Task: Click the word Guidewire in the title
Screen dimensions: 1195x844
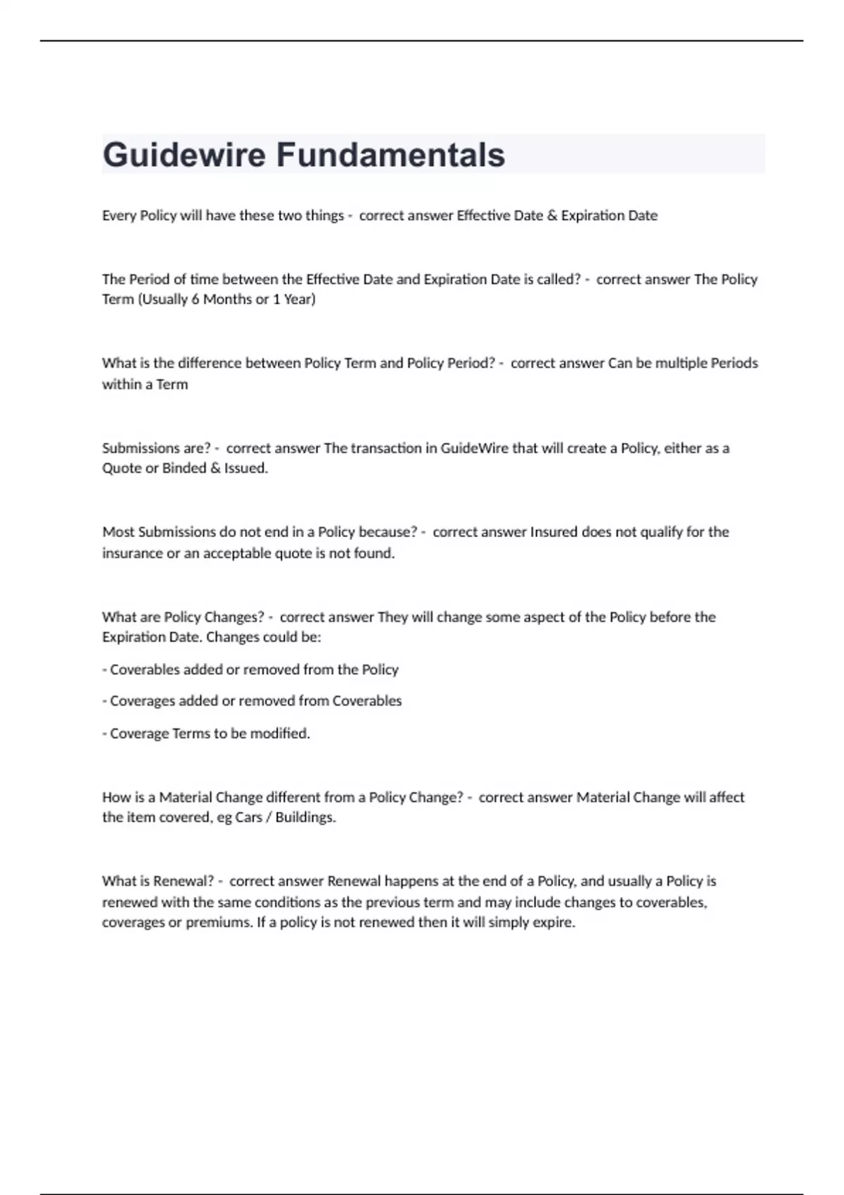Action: point(184,155)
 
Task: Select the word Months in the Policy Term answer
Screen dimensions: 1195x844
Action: point(227,299)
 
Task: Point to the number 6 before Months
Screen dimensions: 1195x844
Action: point(196,299)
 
